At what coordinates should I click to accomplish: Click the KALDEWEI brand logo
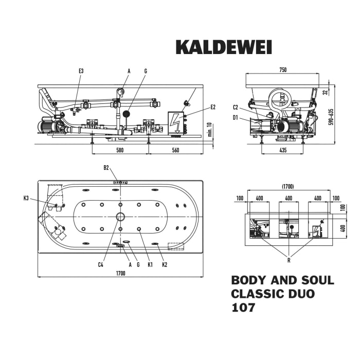pyautogui.click(x=224, y=47)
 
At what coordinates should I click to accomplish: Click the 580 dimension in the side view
pyautogui.click(x=119, y=150)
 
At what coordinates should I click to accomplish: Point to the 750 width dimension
pyautogui.click(x=282, y=70)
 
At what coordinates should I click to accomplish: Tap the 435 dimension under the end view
pyautogui.click(x=282, y=150)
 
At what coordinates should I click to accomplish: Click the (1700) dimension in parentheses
pyautogui.click(x=289, y=187)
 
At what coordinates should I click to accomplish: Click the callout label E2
pyautogui.click(x=213, y=107)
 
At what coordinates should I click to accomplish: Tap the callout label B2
pyautogui.click(x=106, y=167)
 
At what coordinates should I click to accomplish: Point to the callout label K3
pyautogui.click(x=26, y=198)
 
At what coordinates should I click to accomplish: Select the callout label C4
pyautogui.click(x=101, y=264)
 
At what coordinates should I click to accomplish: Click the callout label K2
pyautogui.click(x=165, y=264)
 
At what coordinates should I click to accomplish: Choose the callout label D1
pyautogui.click(x=235, y=118)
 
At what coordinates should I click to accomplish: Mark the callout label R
pyautogui.click(x=289, y=260)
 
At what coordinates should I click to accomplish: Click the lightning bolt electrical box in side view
pyautogui.click(x=176, y=123)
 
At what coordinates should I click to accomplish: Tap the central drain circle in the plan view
pyautogui.click(x=120, y=217)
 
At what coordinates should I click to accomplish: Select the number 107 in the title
pyautogui.click(x=243, y=308)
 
